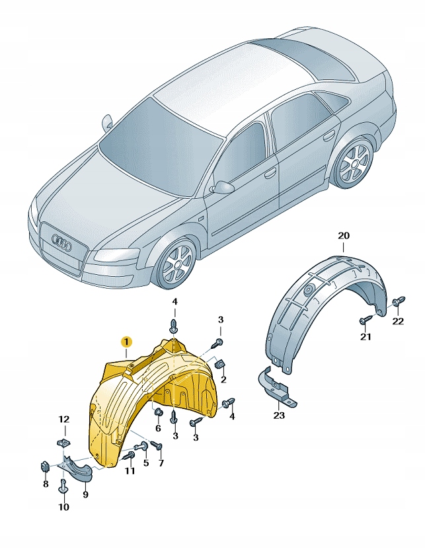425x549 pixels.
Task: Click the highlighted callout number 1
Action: pyautogui.click(x=126, y=342)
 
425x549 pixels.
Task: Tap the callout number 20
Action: pyautogui.click(x=343, y=236)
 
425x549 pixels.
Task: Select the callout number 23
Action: pyautogui.click(x=279, y=416)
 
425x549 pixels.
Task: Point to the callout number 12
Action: pyautogui.click(x=63, y=419)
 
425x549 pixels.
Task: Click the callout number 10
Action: pyautogui.click(x=63, y=507)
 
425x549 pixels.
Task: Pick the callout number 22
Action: pyautogui.click(x=398, y=321)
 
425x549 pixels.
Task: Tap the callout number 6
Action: pyautogui.click(x=158, y=428)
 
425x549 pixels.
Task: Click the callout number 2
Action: pyautogui.click(x=223, y=379)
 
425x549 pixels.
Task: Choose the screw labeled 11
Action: pyautogui.click(x=129, y=455)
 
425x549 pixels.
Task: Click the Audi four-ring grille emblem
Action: pyautogui.click(x=61, y=242)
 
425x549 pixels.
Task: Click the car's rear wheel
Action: pyautogui.click(x=354, y=162)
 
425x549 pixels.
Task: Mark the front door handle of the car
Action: pyautogui.click(x=270, y=173)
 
